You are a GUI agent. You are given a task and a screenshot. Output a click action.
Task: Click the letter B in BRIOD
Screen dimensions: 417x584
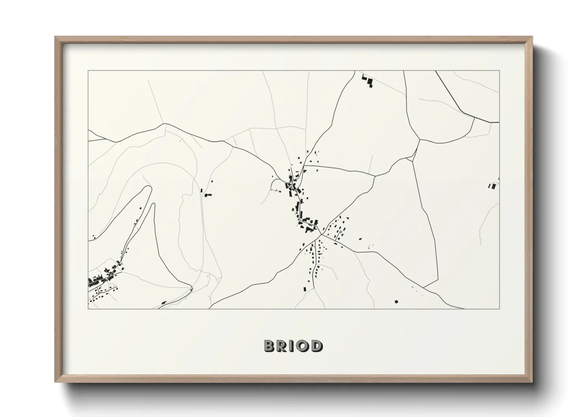click(270, 346)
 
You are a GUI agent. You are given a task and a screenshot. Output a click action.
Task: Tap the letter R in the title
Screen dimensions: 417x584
click(283, 346)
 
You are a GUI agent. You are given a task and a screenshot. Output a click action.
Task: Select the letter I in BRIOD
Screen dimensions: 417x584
click(292, 346)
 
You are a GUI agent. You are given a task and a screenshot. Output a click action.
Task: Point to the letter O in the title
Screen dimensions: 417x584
click(303, 346)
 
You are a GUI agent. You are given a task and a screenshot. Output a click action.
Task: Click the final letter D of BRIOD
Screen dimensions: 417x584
click(316, 346)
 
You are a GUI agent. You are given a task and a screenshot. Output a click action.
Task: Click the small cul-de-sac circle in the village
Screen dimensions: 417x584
click(340, 232)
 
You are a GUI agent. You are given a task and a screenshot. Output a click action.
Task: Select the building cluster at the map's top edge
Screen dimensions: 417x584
click(368, 80)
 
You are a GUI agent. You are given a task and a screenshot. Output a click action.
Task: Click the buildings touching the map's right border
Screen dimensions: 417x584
click(493, 185)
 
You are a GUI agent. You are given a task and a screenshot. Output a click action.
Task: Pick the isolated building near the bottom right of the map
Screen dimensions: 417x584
click(397, 302)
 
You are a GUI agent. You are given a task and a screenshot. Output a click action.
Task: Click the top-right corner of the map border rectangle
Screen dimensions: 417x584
click(500, 71)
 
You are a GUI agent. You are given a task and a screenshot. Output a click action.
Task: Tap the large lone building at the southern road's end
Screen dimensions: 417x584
click(305, 289)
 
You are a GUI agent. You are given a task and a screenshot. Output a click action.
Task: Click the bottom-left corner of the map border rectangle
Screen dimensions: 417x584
click(88, 309)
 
